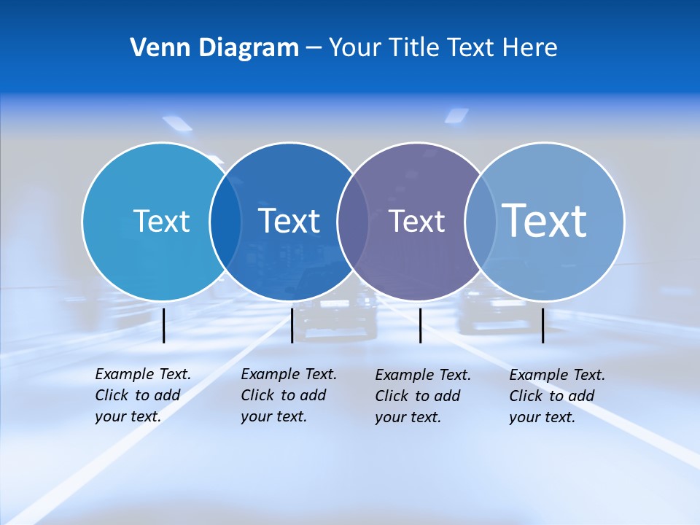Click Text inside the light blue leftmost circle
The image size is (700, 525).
[161, 221]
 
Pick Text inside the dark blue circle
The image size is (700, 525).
[289, 221]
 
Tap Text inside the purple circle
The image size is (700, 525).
[416, 222]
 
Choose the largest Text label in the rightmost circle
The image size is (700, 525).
[544, 220]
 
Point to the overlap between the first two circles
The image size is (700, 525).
[225, 222]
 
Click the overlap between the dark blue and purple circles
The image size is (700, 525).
[353, 222]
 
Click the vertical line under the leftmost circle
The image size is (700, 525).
[164, 325]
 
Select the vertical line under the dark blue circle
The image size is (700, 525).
[292, 325]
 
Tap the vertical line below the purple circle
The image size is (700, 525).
[420, 325]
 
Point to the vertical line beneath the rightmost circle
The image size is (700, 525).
[543, 325]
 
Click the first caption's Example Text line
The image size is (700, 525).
[143, 374]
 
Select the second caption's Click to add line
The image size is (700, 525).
[284, 395]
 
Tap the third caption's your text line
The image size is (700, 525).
[408, 417]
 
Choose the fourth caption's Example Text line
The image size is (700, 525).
[557, 375]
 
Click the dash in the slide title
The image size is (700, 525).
[314, 49]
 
